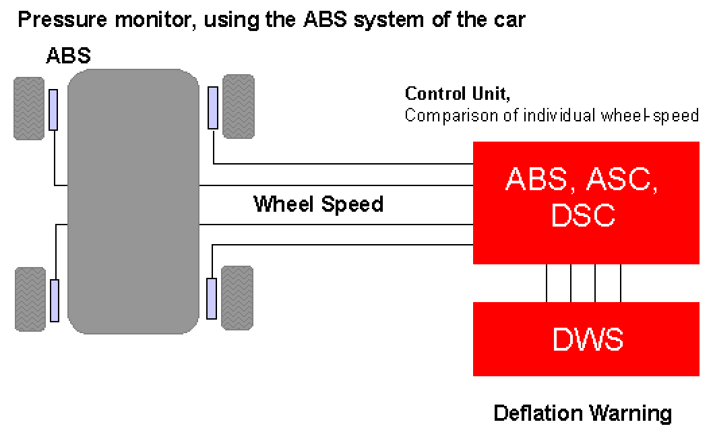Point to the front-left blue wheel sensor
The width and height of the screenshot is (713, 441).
tap(53, 109)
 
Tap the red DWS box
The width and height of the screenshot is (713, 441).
tap(587, 339)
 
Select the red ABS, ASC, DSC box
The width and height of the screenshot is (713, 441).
tap(587, 202)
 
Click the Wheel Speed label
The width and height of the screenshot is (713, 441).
tap(318, 204)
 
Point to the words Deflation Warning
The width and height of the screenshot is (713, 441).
tap(582, 413)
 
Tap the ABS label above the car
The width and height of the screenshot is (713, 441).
tap(68, 55)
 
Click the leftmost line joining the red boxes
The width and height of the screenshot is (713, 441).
tap(547, 283)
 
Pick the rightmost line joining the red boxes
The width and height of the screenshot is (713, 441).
tap(620, 283)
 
